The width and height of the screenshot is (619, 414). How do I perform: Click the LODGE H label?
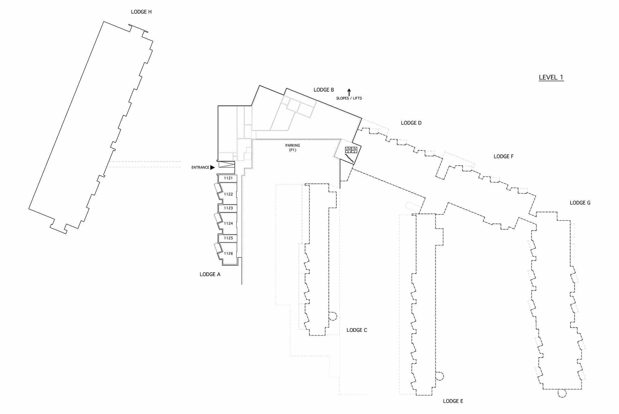point(141,12)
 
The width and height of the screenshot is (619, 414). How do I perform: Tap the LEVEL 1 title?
point(551,77)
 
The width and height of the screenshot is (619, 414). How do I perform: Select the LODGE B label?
point(324,90)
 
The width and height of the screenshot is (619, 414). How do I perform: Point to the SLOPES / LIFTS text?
point(349,98)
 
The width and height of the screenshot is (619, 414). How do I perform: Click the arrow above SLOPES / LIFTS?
point(349,92)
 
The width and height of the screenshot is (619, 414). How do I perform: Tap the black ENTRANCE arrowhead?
point(212,167)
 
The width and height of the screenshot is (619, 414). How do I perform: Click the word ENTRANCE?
point(200,167)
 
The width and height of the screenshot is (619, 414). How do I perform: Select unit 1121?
point(228,178)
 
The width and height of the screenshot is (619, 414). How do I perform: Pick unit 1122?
point(228,194)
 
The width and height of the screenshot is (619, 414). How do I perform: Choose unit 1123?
point(228,208)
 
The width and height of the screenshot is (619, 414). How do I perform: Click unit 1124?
point(228,224)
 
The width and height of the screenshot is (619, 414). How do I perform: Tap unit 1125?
point(228,238)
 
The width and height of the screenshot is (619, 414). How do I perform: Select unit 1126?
point(228,254)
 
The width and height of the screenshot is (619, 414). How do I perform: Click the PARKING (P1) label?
point(292,148)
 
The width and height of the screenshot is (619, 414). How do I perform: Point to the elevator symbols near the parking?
point(351,150)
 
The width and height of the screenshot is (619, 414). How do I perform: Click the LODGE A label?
point(210,274)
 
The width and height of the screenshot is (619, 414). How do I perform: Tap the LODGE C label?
point(357,330)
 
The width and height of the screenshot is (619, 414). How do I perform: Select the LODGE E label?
point(453,401)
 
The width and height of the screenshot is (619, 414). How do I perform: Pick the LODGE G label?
point(580,203)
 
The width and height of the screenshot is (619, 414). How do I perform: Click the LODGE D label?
point(411,123)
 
